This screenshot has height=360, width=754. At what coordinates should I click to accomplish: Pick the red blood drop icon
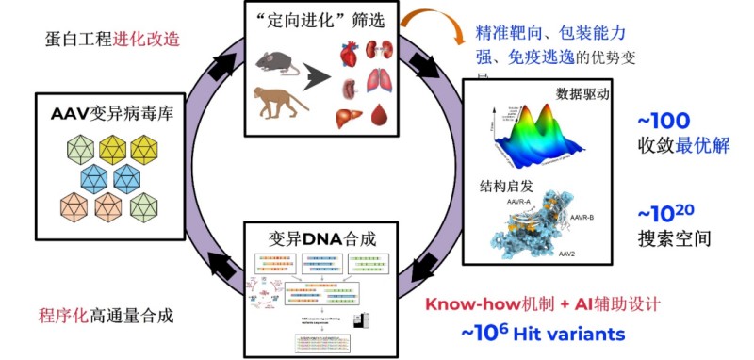380,117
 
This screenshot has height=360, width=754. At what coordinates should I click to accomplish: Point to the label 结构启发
507,186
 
